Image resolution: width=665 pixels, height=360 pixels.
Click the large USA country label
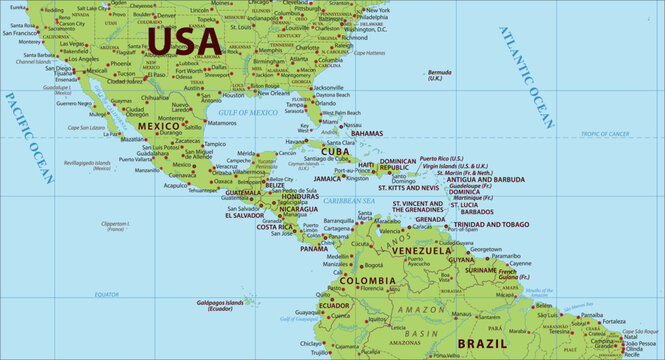click(x=185, y=40)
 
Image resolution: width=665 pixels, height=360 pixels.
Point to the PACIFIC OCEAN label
click(x=27, y=137)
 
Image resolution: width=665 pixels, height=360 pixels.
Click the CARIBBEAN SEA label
click(x=349, y=201)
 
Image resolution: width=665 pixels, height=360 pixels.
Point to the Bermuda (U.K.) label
click(x=439, y=75)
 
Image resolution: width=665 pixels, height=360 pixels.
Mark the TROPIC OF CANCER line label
click(x=633, y=132)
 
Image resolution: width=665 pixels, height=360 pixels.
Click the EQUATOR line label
click(x=106, y=294)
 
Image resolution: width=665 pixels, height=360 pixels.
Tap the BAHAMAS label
click(x=367, y=133)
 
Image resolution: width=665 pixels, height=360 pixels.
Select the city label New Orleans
click(x=272, y=92)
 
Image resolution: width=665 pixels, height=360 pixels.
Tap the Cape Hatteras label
click(x=369, y=52)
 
